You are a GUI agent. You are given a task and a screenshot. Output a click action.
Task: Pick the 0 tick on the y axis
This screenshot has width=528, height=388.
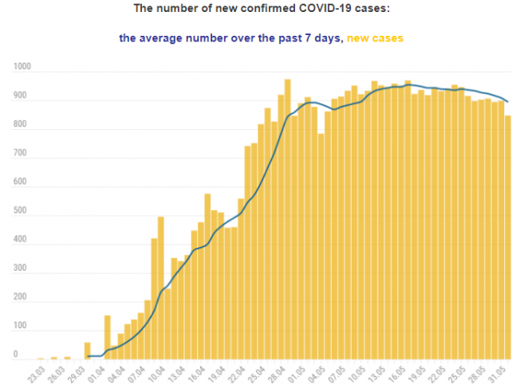(x=16, y=353)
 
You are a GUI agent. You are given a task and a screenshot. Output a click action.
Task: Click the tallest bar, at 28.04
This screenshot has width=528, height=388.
(x=287, y=219)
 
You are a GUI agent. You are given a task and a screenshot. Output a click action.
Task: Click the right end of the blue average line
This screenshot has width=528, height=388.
(x=508, y=101)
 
